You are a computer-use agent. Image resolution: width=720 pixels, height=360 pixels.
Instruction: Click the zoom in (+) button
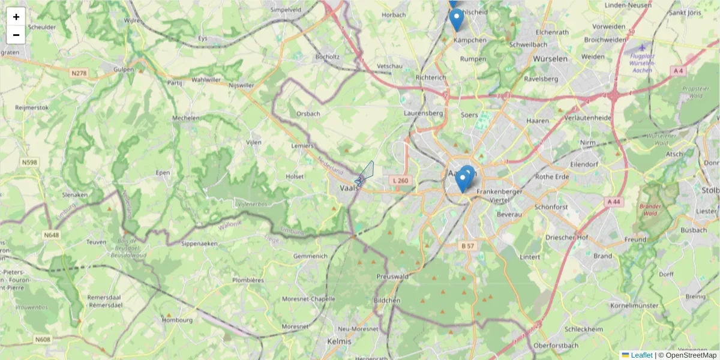[16, 17]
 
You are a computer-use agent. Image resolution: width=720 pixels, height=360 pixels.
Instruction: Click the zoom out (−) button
[16, 35]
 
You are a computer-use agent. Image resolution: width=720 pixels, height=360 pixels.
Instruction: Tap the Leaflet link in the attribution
[641, 355]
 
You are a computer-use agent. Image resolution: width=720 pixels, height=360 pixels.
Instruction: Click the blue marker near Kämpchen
[457, 19]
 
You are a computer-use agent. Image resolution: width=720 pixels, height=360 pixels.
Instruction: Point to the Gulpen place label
[124, 70]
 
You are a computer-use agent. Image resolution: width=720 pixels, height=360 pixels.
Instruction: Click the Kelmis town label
[338, 341]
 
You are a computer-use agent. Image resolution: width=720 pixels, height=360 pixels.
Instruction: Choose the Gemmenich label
[310, 256]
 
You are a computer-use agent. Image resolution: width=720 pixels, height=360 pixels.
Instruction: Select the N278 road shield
[79, 73]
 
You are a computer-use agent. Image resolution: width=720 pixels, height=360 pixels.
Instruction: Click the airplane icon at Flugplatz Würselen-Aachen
[643, 47]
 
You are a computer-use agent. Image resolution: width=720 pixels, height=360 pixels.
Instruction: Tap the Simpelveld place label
[286, 10]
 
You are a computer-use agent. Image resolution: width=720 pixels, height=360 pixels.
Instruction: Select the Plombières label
[248, 280]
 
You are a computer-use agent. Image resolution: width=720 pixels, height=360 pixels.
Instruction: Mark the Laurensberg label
[423, 112]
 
